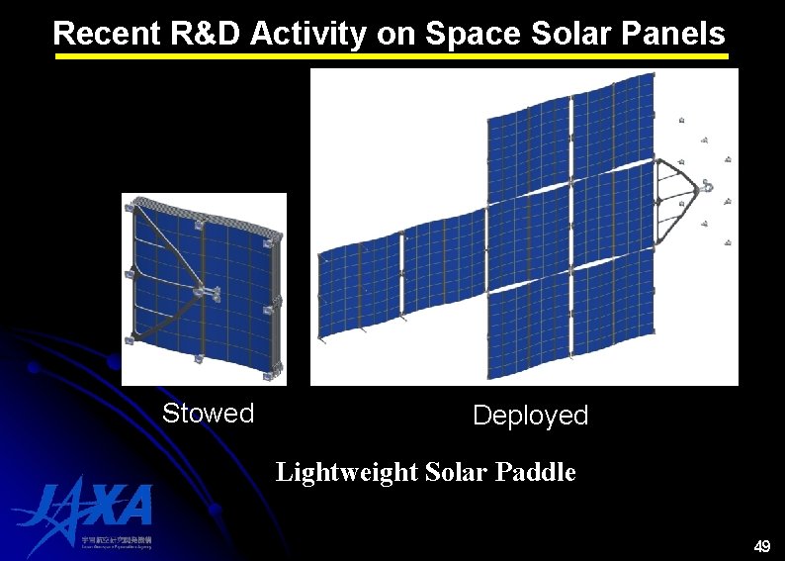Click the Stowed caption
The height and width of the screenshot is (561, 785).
pos(208,413)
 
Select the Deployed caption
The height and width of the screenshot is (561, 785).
pos(530,416)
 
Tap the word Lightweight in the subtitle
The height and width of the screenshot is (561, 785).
pos(346,472)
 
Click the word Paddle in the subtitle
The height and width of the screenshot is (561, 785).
pos(539,472)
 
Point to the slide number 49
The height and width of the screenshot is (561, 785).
pos(761,545)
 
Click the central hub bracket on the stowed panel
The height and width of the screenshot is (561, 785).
pos(206,291)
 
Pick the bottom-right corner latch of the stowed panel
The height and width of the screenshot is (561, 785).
pos(271,372)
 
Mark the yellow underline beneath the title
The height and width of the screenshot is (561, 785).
pos(391,57)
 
